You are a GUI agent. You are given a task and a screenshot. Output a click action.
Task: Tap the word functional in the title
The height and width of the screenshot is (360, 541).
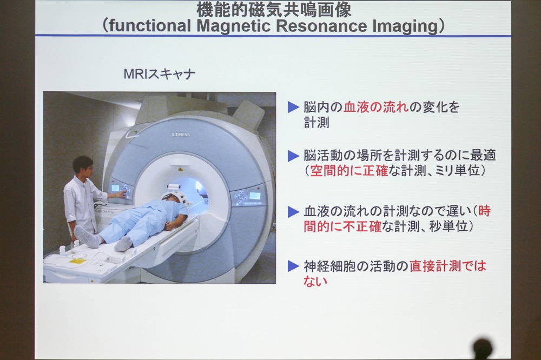click(150, 26)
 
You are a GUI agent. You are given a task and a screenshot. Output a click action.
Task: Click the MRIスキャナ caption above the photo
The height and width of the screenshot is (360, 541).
click(160, 74)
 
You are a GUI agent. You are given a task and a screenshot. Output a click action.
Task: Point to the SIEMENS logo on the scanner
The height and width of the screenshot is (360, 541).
click(181, 135)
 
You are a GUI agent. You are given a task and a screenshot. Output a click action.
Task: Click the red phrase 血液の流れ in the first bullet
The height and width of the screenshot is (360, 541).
click(376, 107)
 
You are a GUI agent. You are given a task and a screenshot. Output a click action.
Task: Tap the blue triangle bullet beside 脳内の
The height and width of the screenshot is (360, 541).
click(293, 107)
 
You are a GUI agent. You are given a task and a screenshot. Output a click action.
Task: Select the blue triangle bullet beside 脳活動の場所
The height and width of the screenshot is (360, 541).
click(293, 156)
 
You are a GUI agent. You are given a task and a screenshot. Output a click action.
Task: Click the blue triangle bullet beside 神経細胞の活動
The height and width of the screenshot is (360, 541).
click(293, 266)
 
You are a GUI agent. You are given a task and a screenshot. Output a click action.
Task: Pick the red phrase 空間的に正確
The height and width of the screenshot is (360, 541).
click(349, 171)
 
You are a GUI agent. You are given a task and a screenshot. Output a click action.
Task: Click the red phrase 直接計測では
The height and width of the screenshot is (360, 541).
click(448, 266)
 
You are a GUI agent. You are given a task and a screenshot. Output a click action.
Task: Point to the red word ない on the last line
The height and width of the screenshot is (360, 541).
click(315, 281)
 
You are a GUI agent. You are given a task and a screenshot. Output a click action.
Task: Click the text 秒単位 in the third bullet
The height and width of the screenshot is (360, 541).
click(448, 226)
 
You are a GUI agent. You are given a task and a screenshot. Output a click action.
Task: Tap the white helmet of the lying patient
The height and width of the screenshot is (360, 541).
click(175, 197)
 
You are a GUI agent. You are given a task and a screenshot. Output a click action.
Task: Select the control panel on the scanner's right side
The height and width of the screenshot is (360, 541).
click(249, 198)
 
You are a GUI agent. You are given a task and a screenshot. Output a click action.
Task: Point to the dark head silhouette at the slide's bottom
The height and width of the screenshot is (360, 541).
click(483, 349)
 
